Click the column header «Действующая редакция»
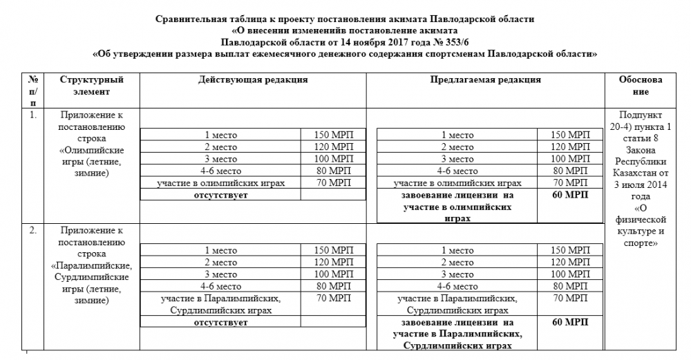click(252, 80)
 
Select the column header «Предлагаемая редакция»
click(485, 80)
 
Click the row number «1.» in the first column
click(32, 115)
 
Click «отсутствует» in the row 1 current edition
click(220, 196)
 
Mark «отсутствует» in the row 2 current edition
click(220, 322)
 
